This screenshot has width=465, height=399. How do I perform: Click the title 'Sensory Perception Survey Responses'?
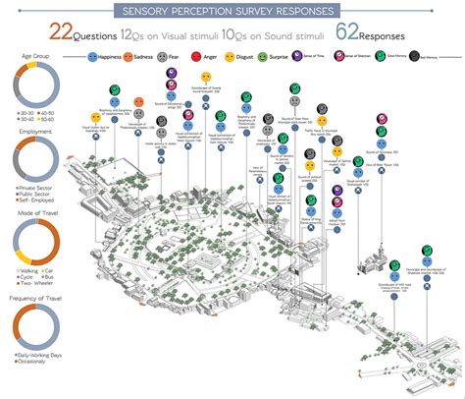(232, 11)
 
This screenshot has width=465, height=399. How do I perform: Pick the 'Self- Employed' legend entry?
(31, 190)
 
